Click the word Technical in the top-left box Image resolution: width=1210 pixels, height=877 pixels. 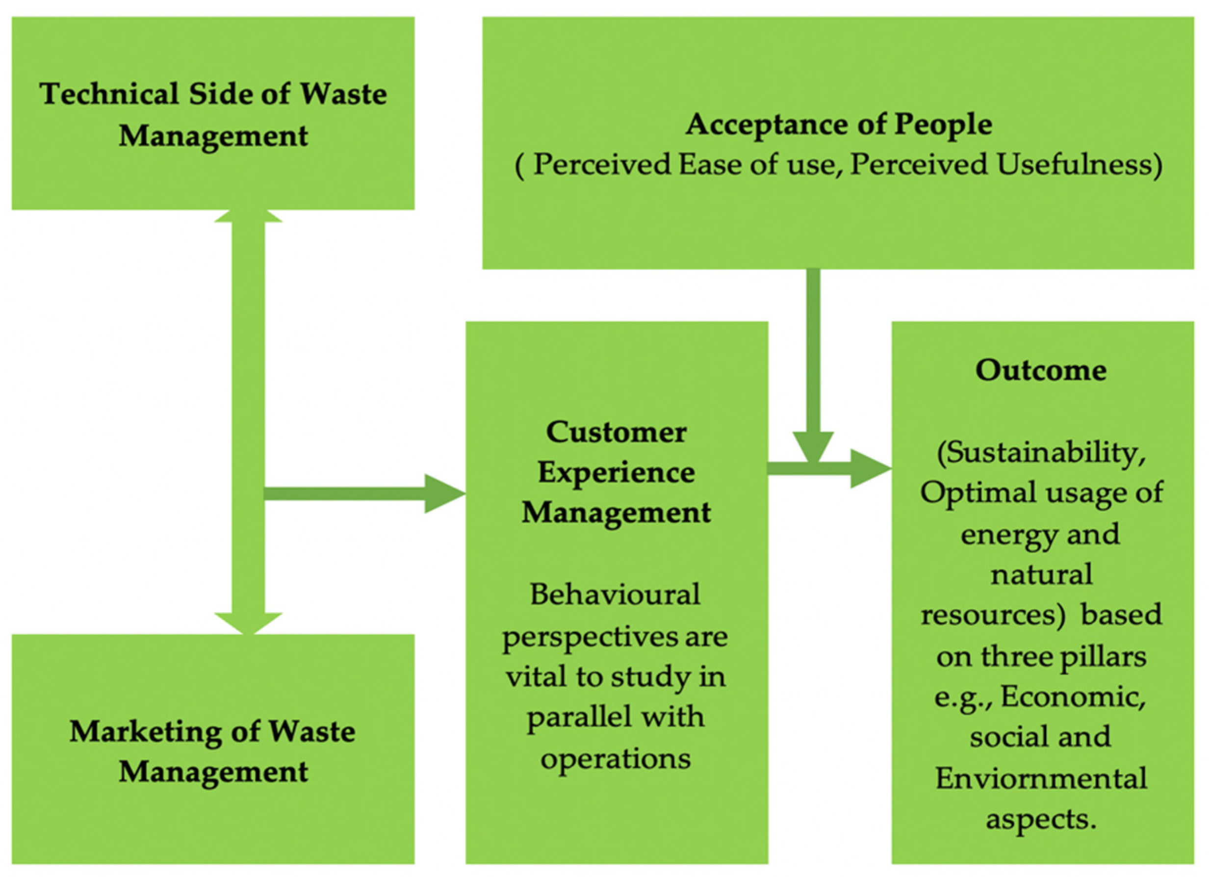[109, 95]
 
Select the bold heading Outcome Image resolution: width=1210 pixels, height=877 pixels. [1041, 370]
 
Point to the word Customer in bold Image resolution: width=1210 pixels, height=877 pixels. [616, 432]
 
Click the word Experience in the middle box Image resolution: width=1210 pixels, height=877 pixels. [616, 473]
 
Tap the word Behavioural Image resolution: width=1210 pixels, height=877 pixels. [615, 595]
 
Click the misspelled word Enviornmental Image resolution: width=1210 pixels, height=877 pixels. [1041, 778]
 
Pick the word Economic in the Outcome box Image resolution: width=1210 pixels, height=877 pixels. [1073, 696]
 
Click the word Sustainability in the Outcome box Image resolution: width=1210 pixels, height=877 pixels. [1041, 453]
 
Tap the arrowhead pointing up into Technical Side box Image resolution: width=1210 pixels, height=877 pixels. [248, 215]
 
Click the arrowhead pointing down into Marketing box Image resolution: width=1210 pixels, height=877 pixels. [248, 623]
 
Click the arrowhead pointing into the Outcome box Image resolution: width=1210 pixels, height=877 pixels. [869, 469]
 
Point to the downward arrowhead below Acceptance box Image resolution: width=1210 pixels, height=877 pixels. [813, 446]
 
